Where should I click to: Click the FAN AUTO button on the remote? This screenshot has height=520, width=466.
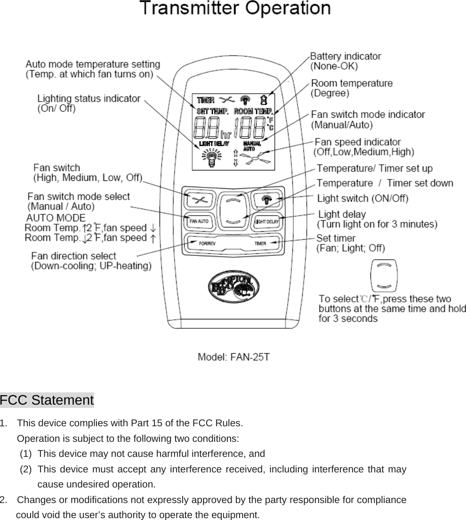point(199,220)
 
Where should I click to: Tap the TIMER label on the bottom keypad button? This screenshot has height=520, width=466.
point(260,244)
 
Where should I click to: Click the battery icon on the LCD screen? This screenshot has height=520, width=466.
point(264,100)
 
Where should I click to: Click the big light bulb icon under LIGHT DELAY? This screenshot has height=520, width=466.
point(211,157)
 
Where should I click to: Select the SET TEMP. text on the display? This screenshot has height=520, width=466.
point(212,112)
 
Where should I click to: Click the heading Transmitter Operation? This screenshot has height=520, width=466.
point(235,9)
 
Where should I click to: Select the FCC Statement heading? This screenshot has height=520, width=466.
point(47,400)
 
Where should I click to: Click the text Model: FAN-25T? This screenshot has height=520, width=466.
point(234,357)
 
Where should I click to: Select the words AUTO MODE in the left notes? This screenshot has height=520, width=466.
point(56,218)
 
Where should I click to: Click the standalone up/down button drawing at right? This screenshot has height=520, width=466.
point(385,276)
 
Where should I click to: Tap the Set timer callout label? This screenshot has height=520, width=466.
point(336,238)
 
